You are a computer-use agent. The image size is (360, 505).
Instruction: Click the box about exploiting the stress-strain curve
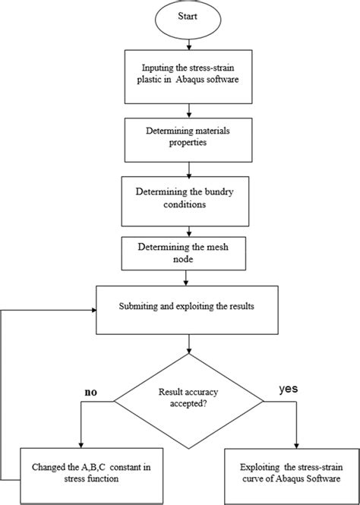pos(292,473)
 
